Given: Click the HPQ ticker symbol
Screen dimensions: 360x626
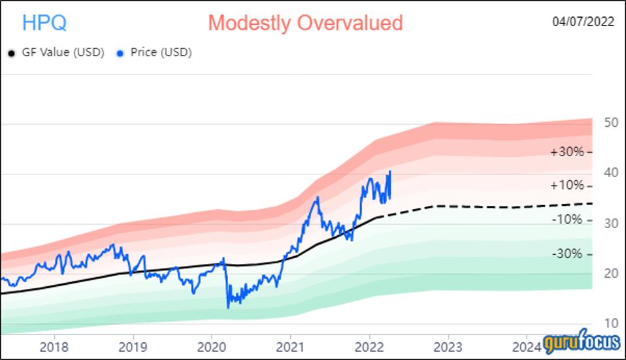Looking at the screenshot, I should coord(44,23).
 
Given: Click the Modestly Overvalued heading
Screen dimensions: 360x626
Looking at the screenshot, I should coord(305,23).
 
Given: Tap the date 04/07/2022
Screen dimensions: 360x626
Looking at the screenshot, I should coord(584,22).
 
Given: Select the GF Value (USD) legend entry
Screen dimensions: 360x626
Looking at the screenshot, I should coord(62,53).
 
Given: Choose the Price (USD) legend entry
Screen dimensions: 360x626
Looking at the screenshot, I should coord(160,53).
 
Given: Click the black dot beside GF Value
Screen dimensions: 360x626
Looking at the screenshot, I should coord(11,54).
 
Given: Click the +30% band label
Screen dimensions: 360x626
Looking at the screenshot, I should coord(566,152).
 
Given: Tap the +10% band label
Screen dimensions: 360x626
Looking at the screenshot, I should coord(566,186).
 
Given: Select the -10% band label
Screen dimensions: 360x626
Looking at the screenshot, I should coord(566,220).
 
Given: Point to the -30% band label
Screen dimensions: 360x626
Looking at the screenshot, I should coord(566,254).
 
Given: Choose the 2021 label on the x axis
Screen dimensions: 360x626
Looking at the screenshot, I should coord(289,346).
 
